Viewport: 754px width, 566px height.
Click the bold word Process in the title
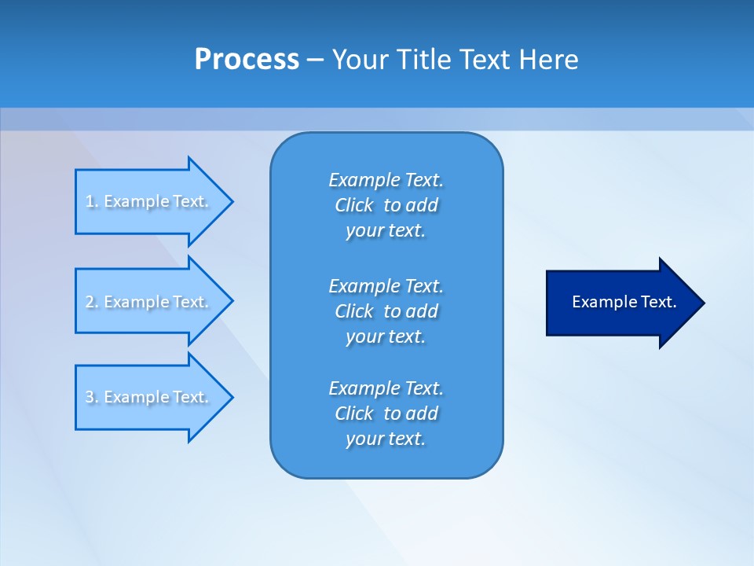[247, 60]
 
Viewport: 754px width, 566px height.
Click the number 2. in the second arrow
[91, 302]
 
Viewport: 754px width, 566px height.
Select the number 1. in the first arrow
[91, 201]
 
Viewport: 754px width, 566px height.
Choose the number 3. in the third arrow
[91, 397]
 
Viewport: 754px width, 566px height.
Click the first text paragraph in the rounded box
[386, 205]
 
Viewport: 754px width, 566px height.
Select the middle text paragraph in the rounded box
[386, 311]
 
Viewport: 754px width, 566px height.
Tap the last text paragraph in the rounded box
[386, 413]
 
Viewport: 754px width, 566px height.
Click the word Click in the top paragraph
[353, 205]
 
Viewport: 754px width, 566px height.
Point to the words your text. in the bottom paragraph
[386, 439]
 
